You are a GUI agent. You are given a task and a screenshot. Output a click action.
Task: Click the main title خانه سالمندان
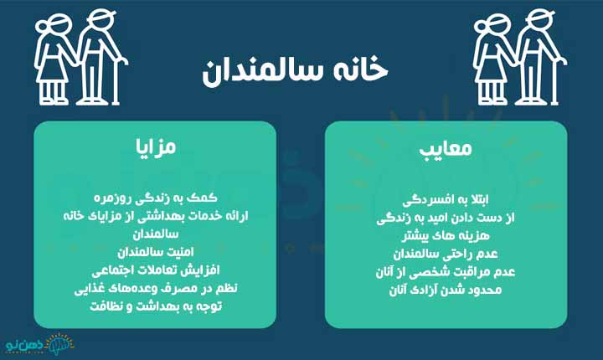(301, 71)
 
